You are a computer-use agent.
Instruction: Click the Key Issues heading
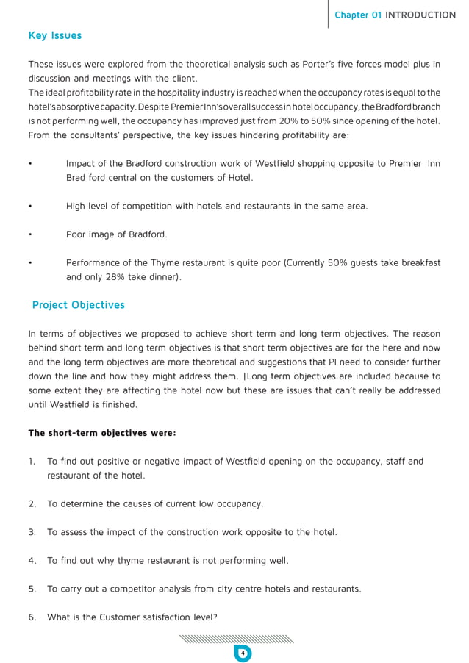(x=54, y=35)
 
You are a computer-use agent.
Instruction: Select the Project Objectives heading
(x=78, y=304)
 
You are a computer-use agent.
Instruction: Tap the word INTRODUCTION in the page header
(x=420, y=15)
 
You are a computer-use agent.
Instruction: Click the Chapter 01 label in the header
(x=358, y=15)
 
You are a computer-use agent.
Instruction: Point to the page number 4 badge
(x=242, y=653)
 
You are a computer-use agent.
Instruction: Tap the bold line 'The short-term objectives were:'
(x=101, y=433)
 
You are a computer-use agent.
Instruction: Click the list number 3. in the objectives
(x=32, y=531)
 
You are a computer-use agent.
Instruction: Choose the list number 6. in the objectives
(x=32, y=617)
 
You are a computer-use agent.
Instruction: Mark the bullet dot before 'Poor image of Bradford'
(x=29, y=234)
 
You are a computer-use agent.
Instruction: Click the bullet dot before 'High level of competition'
(x=29, y=207)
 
